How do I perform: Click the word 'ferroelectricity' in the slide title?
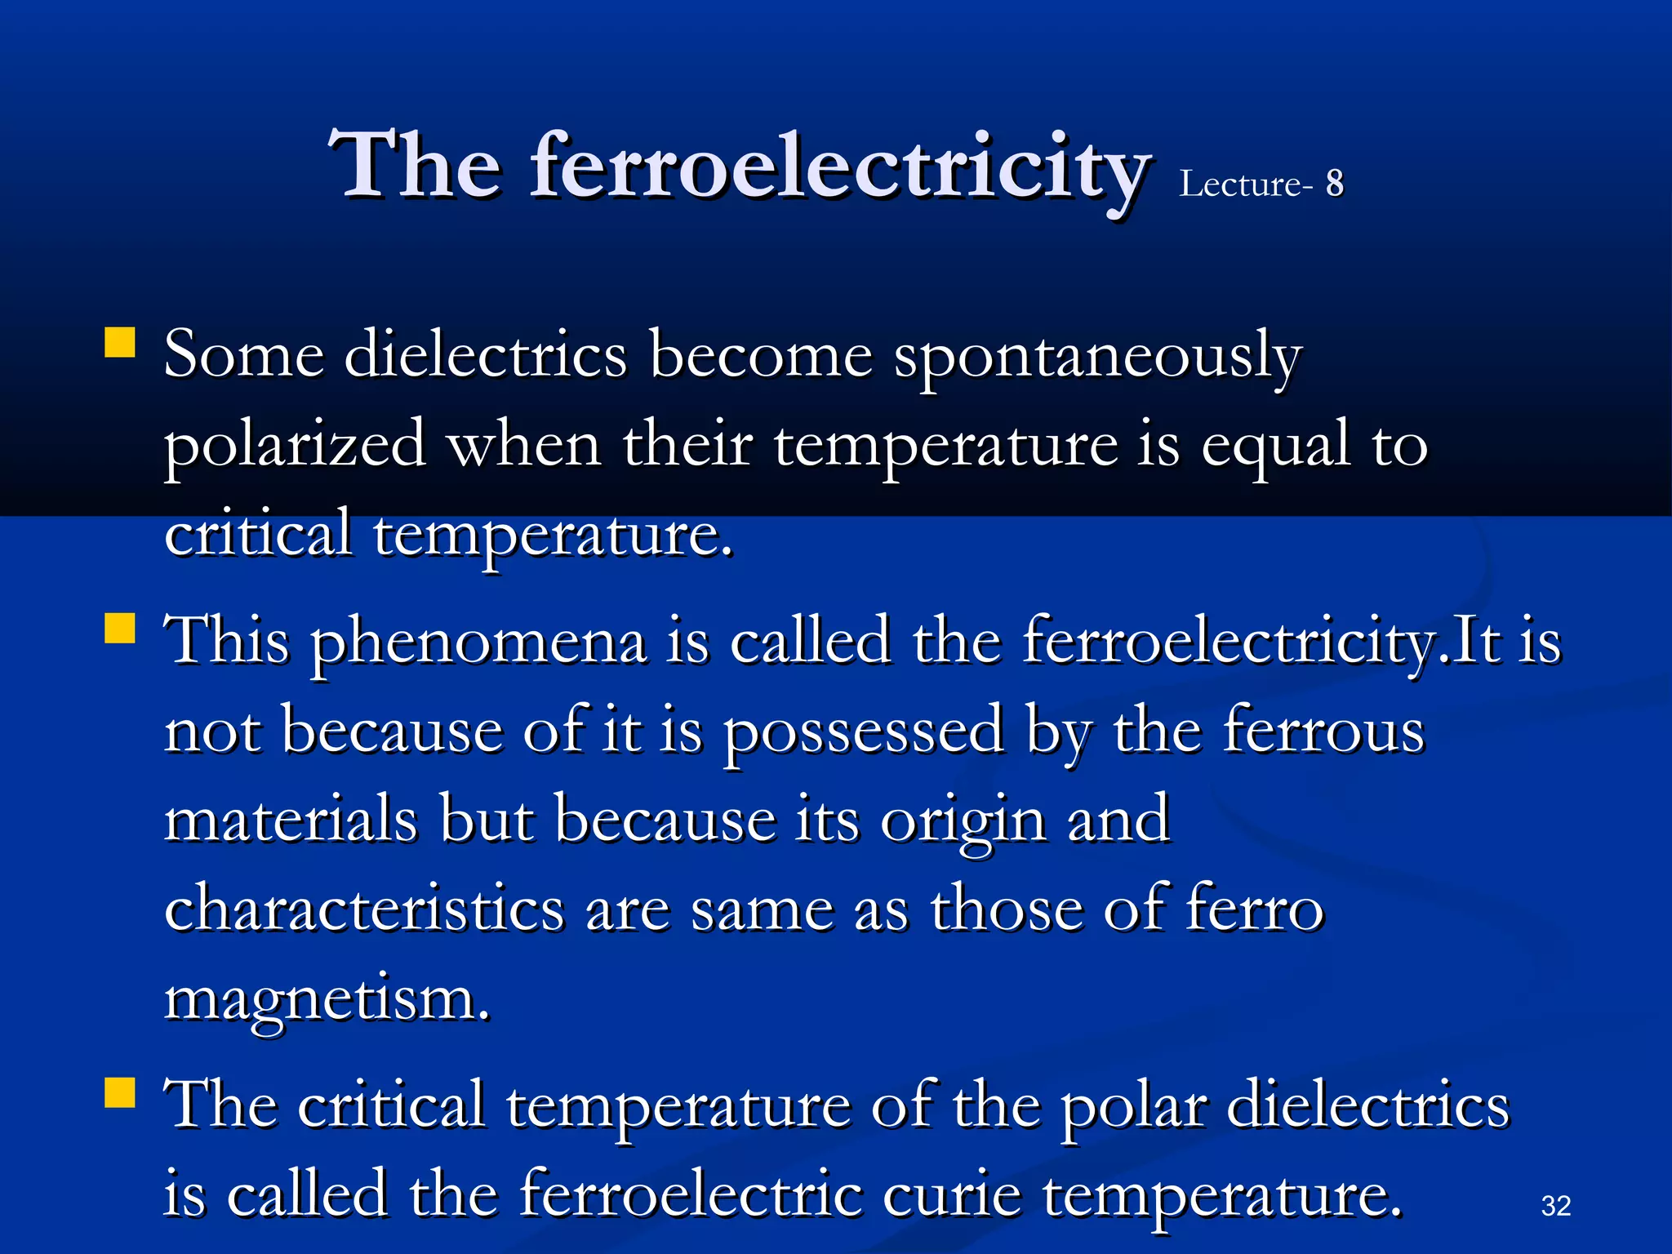click(x=841, y=167)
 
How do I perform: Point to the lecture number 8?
click(x=1334, y=184)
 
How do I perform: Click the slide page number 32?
click(x=1555, y=1206)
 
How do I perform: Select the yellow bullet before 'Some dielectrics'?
click(x=120, y=343)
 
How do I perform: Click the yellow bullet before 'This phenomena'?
click(x=120, y=629)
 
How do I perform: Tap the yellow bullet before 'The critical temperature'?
click(x=120, y=1092)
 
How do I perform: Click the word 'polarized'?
click(x=295, y=447)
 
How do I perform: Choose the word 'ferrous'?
click(x=1323, y=731)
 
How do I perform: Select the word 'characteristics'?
click(x=364, y=908)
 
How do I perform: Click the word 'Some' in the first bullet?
click(x=243, y=357)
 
